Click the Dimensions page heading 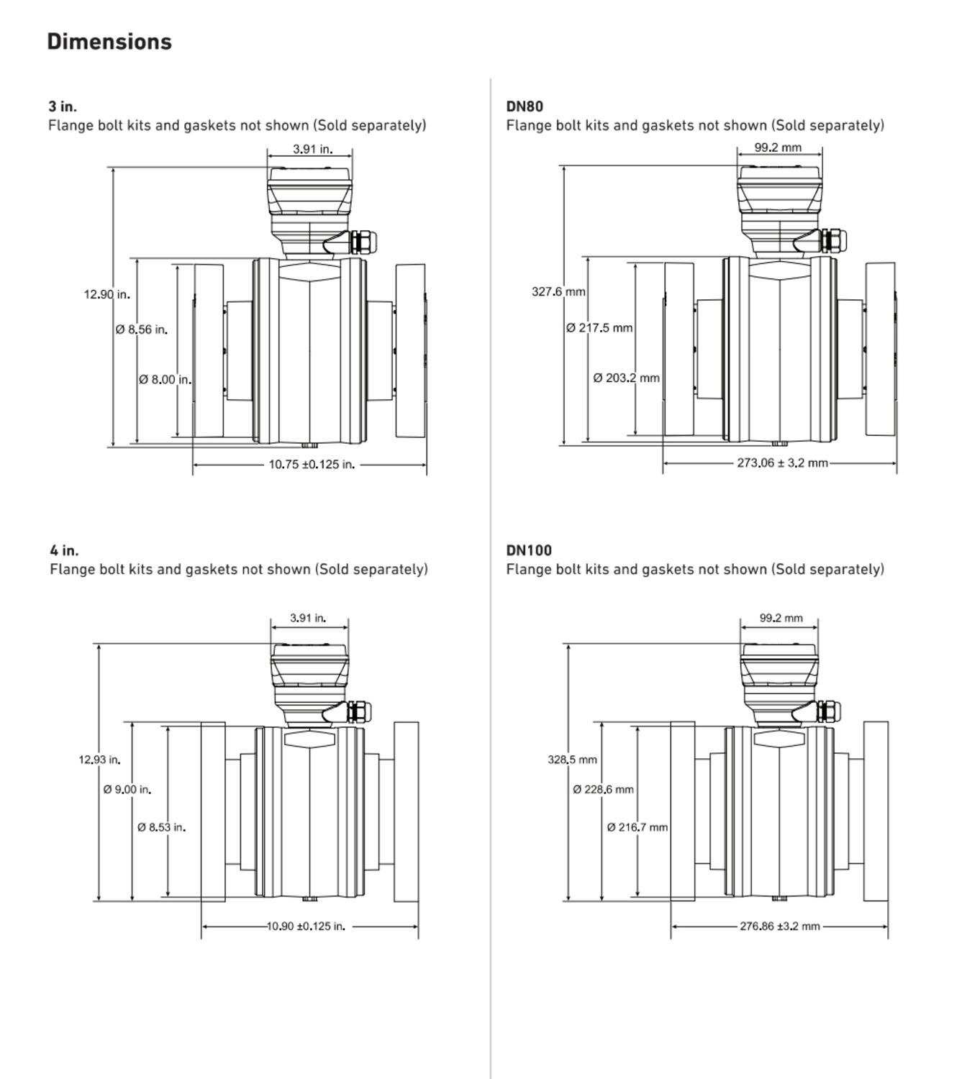(109, 42)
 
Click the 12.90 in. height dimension (106, 294)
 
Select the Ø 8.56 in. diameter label (141, 330)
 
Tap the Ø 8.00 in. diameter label (165, 380)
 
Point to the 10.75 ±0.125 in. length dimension (312, 465)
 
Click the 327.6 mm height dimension (558, 292)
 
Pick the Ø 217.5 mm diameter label (599, 328)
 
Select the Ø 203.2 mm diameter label (626, 378)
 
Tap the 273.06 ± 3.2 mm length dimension (782, 463)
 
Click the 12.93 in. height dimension (99, 760)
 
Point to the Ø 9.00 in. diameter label (127, 790)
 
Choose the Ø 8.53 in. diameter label (161, 828)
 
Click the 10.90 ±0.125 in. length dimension (306, 927)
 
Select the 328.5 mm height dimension (572, 760)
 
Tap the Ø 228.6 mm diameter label (603, 790)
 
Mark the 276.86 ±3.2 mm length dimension (780, 927)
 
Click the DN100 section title (529, 550)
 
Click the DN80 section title (525, 106)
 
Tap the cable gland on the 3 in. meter (362, 242)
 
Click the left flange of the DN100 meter (683, 811)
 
